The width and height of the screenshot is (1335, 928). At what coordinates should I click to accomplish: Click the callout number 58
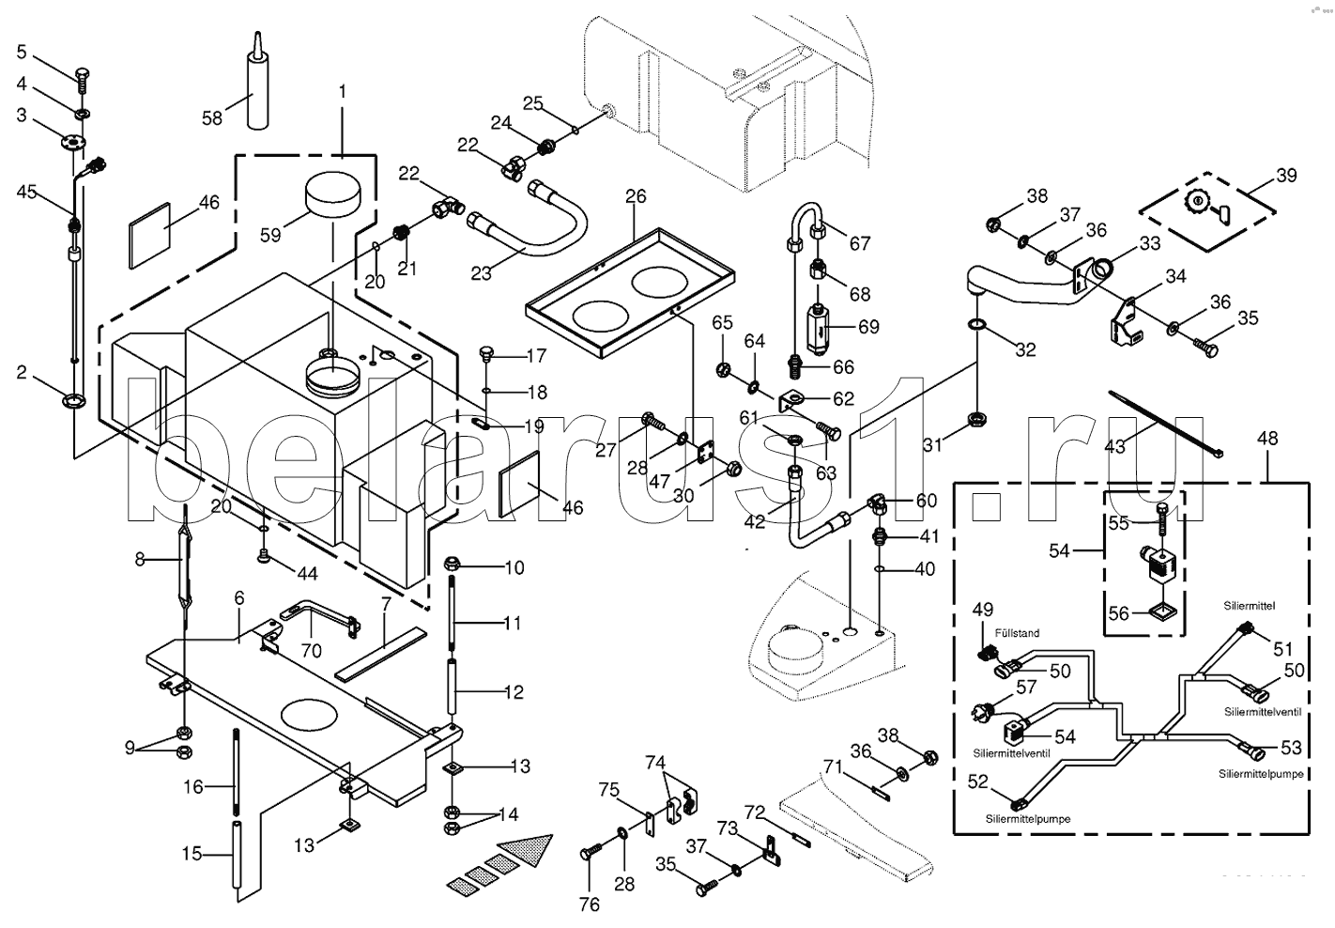pos(212,117)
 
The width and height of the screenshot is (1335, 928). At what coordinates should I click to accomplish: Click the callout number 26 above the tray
pos(636,196)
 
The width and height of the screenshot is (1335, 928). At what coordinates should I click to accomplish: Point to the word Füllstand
pos(1018,633)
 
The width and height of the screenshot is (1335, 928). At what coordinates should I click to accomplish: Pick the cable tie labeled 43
pos(1164,423)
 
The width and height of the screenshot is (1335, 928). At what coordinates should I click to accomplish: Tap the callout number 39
pos(1285,177)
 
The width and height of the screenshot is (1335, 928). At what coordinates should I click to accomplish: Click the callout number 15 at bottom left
pos(192,854)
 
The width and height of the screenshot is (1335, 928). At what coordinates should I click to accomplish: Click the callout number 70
pos(311,651)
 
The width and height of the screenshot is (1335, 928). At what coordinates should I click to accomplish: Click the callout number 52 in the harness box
pos(977,781)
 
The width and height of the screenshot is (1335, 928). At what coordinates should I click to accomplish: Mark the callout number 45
pos(26,192)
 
